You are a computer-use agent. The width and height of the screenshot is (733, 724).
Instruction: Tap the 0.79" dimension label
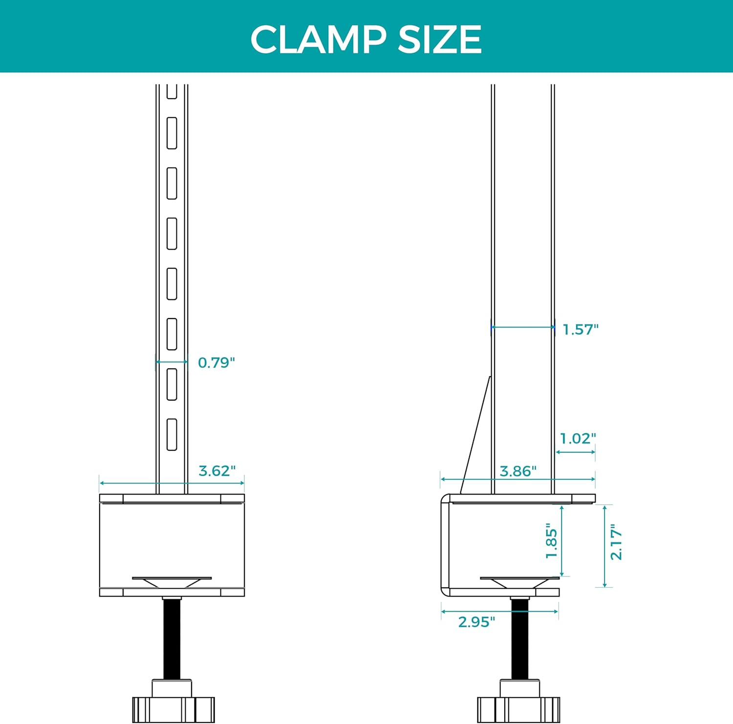click(216, 362)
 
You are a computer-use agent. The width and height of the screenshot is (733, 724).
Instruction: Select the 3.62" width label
click(217, 470)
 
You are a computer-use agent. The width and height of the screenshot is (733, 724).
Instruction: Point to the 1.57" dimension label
click(581, 329)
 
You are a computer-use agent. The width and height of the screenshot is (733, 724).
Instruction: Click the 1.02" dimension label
click(578, 438)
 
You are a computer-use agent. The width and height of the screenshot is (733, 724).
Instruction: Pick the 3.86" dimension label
click(518, 471)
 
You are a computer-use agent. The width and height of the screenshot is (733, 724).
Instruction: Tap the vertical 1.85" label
click(551, 541)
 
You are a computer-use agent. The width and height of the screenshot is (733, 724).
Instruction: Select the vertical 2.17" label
click(616, 542)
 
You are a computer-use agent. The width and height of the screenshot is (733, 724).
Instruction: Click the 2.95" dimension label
click(476, 622)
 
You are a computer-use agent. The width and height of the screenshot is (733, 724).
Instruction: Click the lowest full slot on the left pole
click(172, 434)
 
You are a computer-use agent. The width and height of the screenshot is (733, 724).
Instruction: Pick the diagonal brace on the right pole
click(475, 435)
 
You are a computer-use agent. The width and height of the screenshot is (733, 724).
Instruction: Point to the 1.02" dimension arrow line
click(576, 452)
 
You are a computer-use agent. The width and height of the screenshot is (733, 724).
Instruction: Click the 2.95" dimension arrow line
click(499, 611)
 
